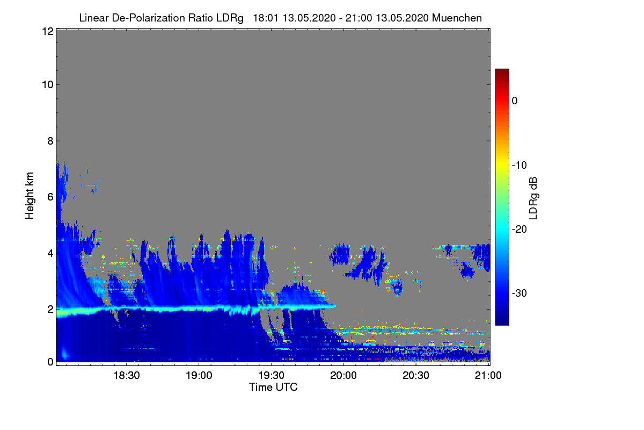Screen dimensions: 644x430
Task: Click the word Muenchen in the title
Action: (457, 18)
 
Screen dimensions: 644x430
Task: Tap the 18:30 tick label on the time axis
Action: (127, 375)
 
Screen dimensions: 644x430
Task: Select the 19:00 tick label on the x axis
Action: (199, 375)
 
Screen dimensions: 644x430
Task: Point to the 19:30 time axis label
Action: (271, 375)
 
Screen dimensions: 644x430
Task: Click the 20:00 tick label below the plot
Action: (343, 375)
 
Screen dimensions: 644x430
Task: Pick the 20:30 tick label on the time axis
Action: (416, 375)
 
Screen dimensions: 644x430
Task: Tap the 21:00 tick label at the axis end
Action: (488, 375)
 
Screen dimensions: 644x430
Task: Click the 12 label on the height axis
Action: (48, 31)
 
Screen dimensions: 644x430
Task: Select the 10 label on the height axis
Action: (48, 85)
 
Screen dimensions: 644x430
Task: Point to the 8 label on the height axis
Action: (50, 141)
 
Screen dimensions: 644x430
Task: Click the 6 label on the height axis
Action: (50, 197)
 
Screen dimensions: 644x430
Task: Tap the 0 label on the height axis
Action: (50, 362)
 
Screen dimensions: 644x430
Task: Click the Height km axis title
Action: (30, 196)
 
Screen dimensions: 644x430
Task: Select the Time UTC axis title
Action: (273, 387)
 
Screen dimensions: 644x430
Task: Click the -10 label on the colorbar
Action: (519, 166)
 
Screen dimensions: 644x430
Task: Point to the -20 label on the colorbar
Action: (519, 230)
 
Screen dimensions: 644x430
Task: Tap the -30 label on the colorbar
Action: (519, 293)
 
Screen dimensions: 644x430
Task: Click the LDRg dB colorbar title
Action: (533, 198)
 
